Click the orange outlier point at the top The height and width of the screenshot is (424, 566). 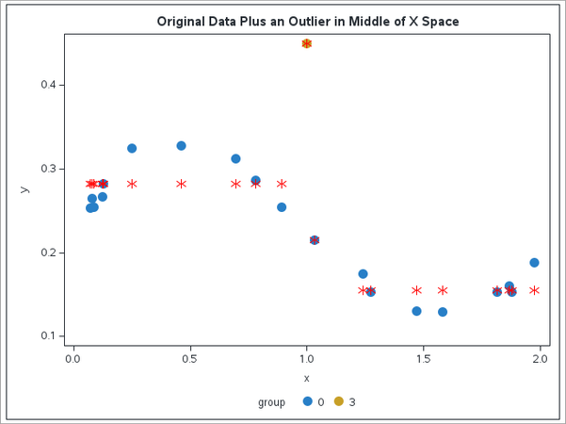tap(306, 43)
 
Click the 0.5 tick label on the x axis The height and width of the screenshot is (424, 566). tap(189, 359)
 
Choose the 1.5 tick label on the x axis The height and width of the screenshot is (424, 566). tap(423, 359)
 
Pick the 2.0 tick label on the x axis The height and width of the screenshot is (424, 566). tap(540, 359)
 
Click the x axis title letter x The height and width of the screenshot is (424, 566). tap(306, 379)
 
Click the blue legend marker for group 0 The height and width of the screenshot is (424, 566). tap(307, 401)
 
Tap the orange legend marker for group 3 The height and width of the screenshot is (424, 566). tap(339, 401)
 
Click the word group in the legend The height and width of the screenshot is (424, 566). tap(271, 402)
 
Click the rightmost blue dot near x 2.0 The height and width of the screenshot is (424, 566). tap(534, 263)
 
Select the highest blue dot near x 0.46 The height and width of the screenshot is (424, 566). tap(181, 146)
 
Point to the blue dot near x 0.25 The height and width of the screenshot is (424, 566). tap(132, 148)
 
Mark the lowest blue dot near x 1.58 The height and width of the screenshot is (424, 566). tap(443, 312)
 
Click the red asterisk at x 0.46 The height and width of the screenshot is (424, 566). tap(181, 184)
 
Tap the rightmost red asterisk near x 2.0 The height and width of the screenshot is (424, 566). tap(534, 290)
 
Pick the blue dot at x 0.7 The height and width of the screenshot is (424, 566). tap(235, 158)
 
